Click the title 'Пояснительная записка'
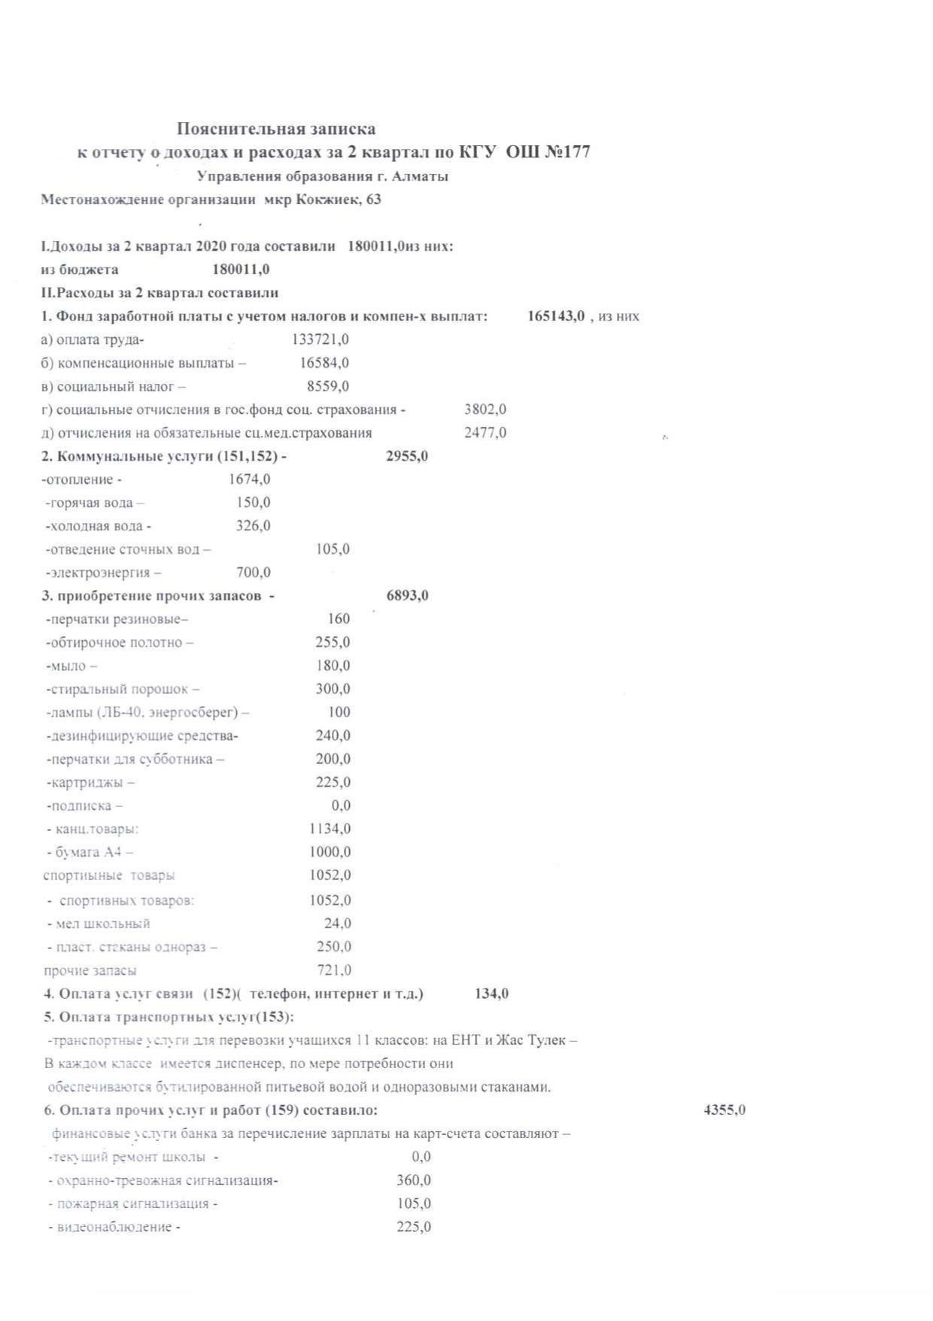point(276,129)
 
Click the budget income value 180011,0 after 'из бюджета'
point(241,269)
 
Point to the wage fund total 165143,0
point(556,316)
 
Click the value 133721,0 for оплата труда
point(320,339)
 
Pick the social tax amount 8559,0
point(328,386)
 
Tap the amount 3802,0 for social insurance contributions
point(485,409)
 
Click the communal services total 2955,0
point(407,456)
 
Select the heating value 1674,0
point(249,479)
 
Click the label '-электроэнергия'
point(103,573)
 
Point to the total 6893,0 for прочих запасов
point(407,596)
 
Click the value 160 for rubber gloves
point(339,619)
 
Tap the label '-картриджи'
point(90,783)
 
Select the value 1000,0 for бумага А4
point(330,852)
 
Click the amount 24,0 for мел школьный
point(337,923)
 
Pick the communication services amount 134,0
point(491,994)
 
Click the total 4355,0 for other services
point(724,1110)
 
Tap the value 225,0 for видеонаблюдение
point(414,1227)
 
